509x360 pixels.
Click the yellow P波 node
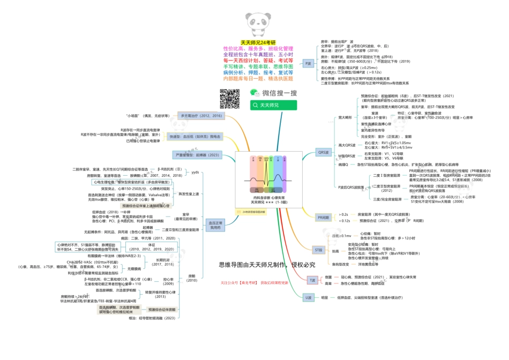click(x=308, y=63)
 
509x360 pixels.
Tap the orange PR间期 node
click(x=323, y=217)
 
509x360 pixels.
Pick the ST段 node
click(x=318, y=250)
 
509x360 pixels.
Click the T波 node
click(x=312, y=280)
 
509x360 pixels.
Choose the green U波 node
click(x=308, y=297)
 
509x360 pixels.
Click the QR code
click(x=229, y=99)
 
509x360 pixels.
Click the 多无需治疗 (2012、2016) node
click(x=201, y=116)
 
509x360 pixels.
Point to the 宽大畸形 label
click(x=345, y=117)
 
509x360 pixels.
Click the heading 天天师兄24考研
click(x=258, y=42)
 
